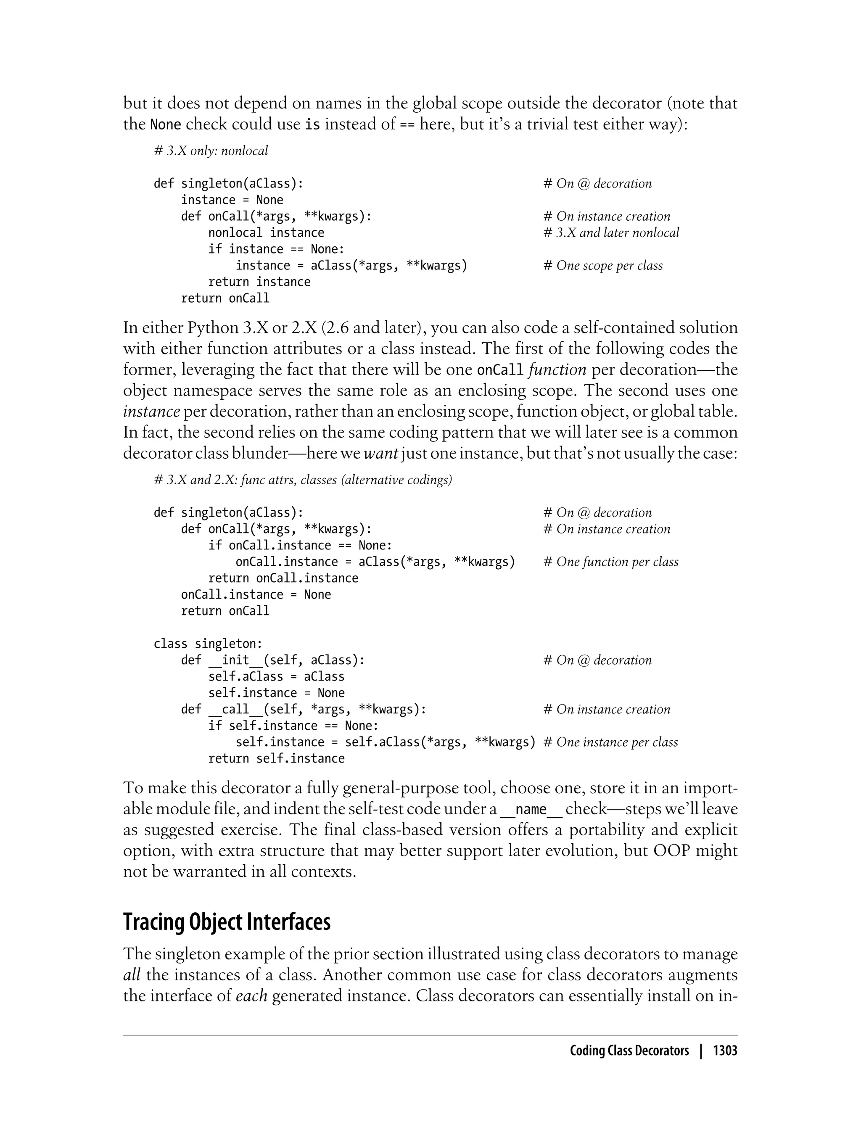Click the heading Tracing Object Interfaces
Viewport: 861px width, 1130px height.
pyautogui.click(x=227, y=921)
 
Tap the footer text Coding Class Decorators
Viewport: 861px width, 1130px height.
pyautogui.click(x=629, y=1051)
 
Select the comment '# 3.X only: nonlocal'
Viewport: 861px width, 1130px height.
pyautogui.click(x=211, y=150)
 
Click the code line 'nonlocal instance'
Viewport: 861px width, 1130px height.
pyautogui.click(x=266, y=232)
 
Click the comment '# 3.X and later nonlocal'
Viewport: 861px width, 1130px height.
pyautogui.click(x=611, y=232)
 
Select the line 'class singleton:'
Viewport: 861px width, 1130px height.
pyautogui.click(x=208, y=644)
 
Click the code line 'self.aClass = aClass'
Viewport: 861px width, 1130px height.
pyautogui.click(x=276, y=676)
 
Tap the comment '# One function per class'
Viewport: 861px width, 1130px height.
pyautogui.click(x=610, y=562)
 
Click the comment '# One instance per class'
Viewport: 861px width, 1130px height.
pyautogui.click(x=610, y=742)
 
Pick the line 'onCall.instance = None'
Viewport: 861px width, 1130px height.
pyautogui.click(x=256, y=594)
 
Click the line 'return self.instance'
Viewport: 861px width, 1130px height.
pyautogui.click(x=276, y=758)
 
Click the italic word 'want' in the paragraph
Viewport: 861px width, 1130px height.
pyautogui.click(x=381, y=454)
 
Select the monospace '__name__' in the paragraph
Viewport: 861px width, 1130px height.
pyautogui.click(x=531, y=809)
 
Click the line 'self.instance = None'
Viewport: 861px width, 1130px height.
pyautogui.click(x=276, y=693)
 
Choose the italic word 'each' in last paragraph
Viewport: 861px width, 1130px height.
pyautogui.click(x=252, y=996)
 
